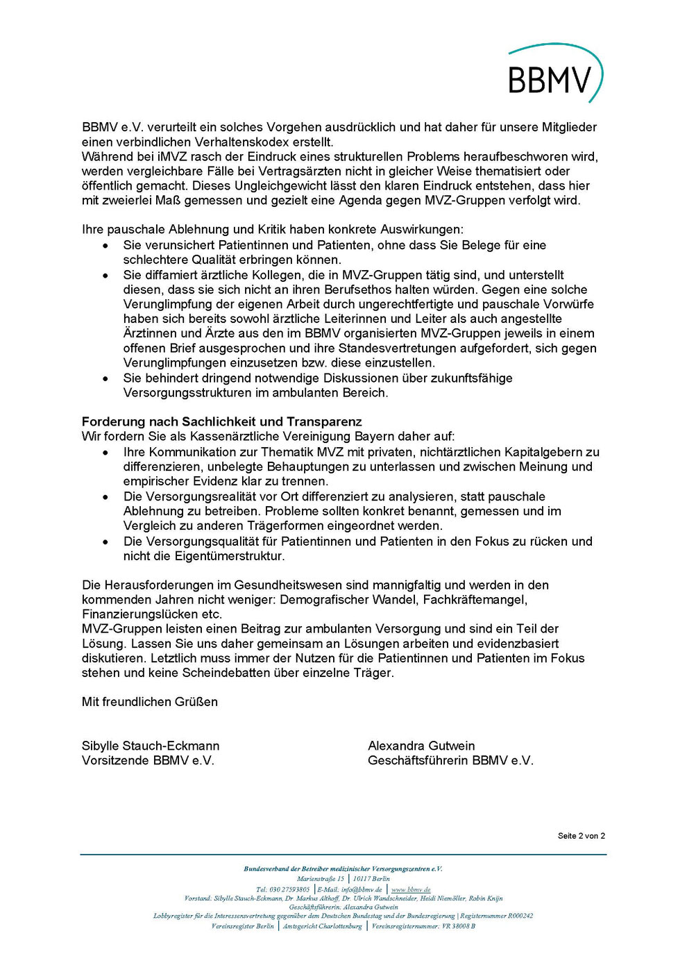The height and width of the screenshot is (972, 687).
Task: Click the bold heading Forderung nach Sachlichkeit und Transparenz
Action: tap(221, 422)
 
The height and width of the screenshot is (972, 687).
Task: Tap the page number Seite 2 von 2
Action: tap(581, 836)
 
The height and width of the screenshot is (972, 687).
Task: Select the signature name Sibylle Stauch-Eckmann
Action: tap(151, 746)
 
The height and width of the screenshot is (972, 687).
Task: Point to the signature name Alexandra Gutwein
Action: tap(421, 746)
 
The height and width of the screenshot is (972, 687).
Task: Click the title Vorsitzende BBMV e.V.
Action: tap(148, 760)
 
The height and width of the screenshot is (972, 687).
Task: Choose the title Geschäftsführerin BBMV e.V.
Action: tap(450, 760)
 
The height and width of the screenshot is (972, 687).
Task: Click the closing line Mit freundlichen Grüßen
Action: tap(150, 702)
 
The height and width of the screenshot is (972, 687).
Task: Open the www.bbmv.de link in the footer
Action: tap(411, 889)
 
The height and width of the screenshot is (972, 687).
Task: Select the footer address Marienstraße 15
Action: tap(321, 879)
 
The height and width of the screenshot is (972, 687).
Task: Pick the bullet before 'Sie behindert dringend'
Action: tap(105, 378)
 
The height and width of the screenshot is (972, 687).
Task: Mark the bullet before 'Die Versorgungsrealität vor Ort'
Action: tap(105, 497)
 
